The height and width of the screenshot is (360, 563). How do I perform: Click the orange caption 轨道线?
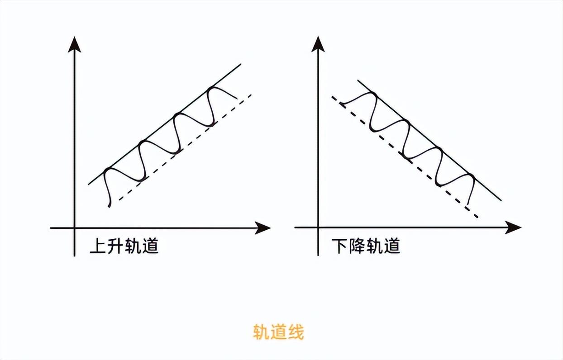point(278,332)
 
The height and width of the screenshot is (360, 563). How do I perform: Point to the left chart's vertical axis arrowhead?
point(74,43)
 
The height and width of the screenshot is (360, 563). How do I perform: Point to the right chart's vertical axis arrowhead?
point(318,43)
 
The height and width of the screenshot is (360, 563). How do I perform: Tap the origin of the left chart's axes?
point(74,228)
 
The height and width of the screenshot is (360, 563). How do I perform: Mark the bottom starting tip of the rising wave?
point(109,207)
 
